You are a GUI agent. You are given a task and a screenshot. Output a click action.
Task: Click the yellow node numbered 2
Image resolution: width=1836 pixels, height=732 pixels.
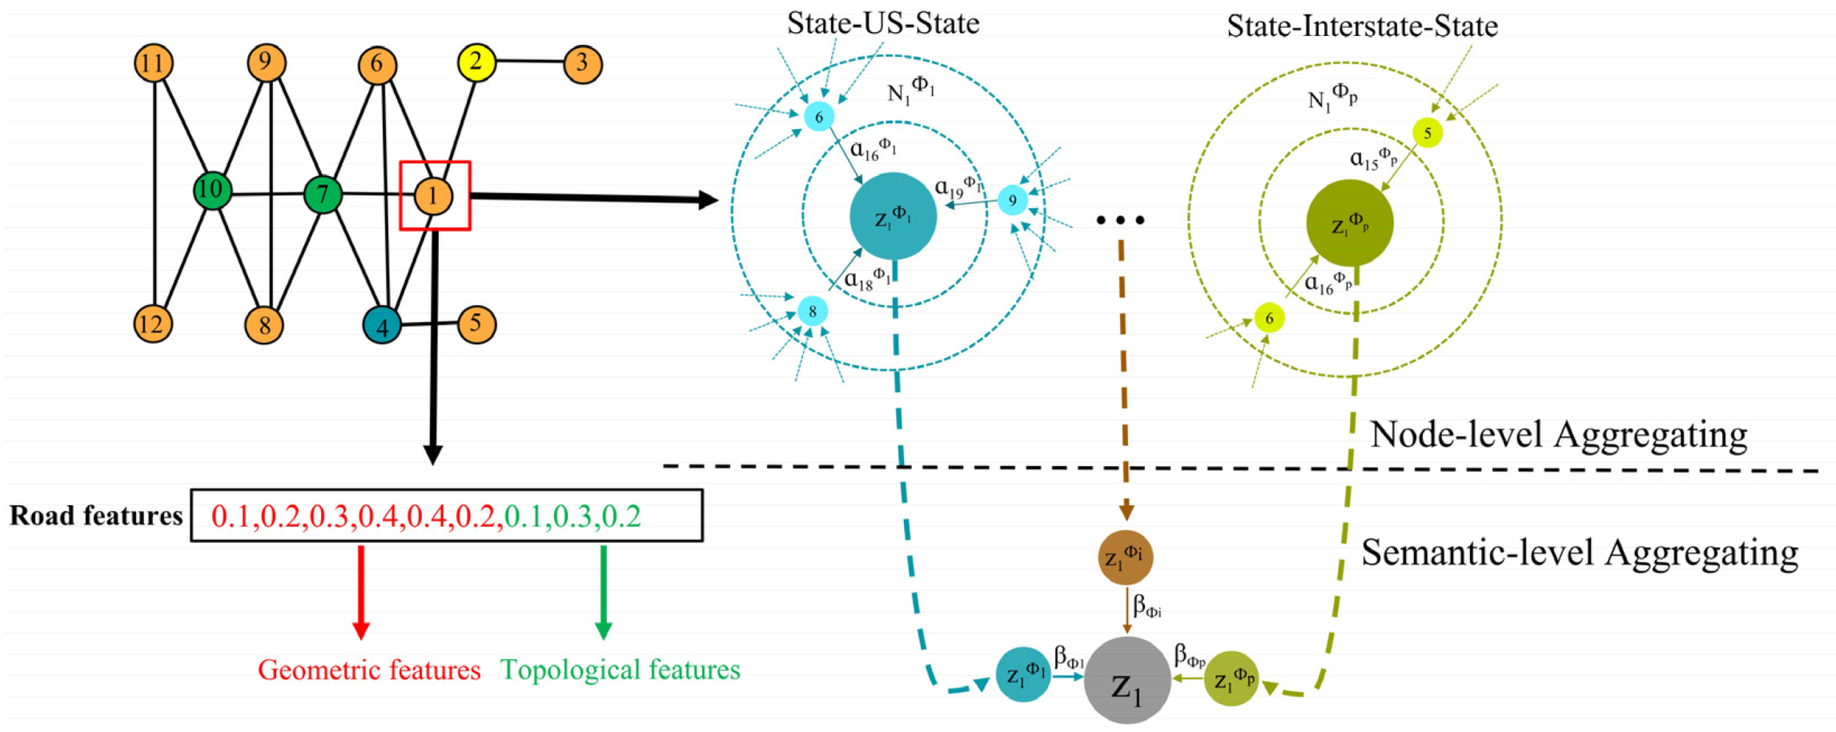pos(476,62)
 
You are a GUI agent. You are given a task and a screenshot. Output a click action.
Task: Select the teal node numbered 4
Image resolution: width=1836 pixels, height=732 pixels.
pos(382,324)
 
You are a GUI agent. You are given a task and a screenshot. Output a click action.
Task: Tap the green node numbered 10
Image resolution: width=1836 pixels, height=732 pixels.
pos(212,191)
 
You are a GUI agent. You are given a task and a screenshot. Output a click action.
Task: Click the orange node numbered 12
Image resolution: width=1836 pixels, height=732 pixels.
pos(153,324)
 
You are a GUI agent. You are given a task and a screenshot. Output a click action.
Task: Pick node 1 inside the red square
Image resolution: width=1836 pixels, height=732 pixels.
pos(433,196)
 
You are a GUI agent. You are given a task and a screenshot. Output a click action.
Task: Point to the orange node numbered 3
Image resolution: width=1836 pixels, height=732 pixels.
pos(583,64)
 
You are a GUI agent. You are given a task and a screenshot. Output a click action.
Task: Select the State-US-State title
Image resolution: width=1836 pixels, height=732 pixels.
pos(882,23)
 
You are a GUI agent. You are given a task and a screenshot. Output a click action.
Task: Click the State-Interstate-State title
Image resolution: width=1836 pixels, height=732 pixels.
pos(1362,26)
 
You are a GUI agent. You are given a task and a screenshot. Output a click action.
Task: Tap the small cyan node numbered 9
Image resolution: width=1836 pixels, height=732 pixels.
pos(1013,200)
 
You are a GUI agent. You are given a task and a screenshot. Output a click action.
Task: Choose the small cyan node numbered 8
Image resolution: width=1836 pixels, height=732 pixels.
pos(812,312)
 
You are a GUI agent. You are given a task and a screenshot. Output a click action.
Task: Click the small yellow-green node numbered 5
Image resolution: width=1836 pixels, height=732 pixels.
pos(1428,133)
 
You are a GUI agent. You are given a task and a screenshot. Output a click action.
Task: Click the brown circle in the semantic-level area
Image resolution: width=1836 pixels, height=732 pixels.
pos(1125,557)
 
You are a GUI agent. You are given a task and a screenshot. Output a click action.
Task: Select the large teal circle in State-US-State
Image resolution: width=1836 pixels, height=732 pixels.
pos(893,216)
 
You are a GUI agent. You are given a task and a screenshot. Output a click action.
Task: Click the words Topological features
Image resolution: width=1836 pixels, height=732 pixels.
pos(620,670)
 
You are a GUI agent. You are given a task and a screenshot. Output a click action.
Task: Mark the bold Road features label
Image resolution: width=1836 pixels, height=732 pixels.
pos(96,516)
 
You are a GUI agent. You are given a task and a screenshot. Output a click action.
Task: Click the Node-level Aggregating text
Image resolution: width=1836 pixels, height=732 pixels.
pos(1558,435)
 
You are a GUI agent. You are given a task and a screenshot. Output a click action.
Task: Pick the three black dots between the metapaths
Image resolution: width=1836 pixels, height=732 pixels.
pos(1121,219)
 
